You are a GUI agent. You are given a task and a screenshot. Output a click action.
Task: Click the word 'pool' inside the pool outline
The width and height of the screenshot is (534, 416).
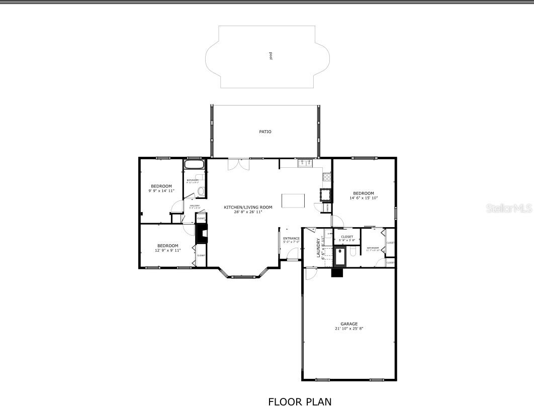click(271, 56)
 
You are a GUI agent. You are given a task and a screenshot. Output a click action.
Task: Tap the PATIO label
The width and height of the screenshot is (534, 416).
click(265, 132)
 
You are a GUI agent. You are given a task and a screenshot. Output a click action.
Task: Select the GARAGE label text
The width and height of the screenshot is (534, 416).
click(349, 324)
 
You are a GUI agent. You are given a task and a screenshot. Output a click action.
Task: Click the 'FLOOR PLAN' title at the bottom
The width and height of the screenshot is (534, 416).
click(300, 402)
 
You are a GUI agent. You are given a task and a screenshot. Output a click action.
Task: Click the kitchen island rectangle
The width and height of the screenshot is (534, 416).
click(293, 200)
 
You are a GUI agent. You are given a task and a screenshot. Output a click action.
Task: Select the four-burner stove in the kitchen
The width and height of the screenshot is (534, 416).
click(326, 177)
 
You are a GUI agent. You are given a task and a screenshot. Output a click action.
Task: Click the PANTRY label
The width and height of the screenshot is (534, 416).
click(325, 206)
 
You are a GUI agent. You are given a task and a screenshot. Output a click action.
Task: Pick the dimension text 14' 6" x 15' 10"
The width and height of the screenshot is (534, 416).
click(363, 198)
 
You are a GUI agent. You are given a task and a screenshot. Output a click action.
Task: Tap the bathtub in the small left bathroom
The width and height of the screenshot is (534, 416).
click(194, 164)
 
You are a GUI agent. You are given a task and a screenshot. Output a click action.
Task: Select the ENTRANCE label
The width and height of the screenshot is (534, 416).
click(291, 238)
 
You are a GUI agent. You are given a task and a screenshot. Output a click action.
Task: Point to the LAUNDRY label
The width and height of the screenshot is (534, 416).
click(318, 247)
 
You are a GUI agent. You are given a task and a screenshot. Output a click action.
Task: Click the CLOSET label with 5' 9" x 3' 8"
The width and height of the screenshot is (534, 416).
click(347, 237)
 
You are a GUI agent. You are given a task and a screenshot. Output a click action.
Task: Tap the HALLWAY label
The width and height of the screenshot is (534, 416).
click(195, 205)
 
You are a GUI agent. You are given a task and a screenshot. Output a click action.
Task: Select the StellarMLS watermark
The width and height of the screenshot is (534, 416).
click(508, 208)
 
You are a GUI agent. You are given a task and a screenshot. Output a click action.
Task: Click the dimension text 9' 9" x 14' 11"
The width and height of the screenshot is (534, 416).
click(161, 191)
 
